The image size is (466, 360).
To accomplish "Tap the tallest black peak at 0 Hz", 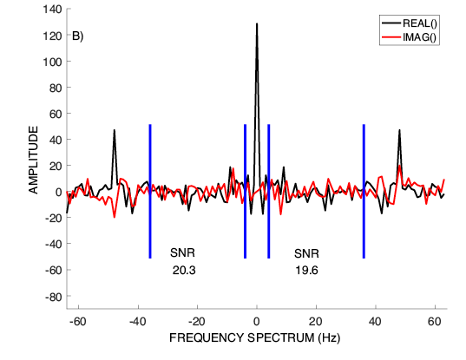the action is (257, 23).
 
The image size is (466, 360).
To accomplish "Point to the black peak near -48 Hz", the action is (115, 130).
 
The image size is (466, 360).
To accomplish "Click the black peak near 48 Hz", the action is (399, 130).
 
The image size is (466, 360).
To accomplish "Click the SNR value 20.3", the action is (184, 271).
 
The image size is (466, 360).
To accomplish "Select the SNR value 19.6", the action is (306, 271).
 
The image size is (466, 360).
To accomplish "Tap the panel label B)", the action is (78, 36).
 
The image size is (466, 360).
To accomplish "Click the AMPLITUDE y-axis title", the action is (33, 160).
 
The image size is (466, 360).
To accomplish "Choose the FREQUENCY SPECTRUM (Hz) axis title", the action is (255, 337).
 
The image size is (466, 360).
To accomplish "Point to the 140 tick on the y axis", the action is (52, 10).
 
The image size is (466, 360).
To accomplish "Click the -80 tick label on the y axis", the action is (54, 297).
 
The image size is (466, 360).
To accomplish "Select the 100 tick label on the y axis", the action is (52, 62).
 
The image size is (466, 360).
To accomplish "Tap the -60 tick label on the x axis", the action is (77, 321).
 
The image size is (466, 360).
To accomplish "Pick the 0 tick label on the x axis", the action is (257, 321).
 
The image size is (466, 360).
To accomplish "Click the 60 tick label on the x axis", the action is (435, 321).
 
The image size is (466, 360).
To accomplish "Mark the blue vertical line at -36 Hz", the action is (150, 192).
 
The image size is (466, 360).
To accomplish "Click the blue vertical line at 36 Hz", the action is (364, 192).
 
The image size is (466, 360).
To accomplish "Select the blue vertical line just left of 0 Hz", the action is (245, 192).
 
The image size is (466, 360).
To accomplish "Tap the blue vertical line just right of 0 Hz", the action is (269, 192).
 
